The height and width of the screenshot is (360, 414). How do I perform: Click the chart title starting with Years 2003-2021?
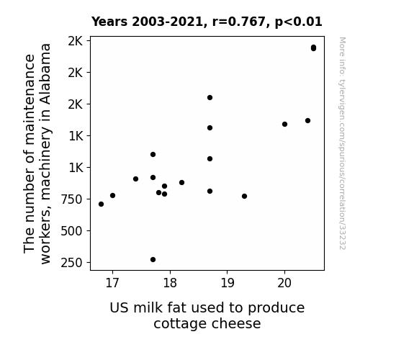[x=207, y=22]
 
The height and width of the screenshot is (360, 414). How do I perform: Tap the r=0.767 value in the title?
[x=239, y=22]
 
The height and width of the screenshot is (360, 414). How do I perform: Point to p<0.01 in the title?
[x=299, y=22]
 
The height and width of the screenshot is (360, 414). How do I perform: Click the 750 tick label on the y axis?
[x=72, y=199]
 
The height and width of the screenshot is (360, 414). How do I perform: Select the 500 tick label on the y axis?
[x=72, y=231]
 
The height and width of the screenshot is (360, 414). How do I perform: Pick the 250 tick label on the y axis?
[x=72, y=263]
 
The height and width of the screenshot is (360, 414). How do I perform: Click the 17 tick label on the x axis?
[x=112, y=283]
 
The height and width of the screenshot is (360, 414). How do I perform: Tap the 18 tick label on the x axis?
[x=170, y=283]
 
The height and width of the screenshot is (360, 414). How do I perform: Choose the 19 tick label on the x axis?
[x=227, y=283]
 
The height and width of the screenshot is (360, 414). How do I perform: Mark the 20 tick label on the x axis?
[x=284, y=283]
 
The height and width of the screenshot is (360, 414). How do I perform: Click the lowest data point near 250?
[x=153, y=260]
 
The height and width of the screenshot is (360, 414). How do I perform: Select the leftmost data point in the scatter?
[x=101, y=204]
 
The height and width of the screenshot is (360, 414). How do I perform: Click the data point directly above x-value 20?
[x=284, y=124]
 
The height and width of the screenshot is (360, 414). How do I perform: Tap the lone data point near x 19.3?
[x=245, y=197]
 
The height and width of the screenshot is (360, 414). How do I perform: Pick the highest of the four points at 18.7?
[x=210, y=98]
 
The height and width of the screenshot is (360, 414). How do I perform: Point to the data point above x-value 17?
[x=113, y=195]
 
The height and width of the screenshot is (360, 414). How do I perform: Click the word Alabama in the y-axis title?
[x=46, y=74]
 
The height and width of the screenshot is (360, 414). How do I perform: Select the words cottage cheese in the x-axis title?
[x=207, y=323]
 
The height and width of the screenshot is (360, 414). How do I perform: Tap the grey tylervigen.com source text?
[x=342, y=143]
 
